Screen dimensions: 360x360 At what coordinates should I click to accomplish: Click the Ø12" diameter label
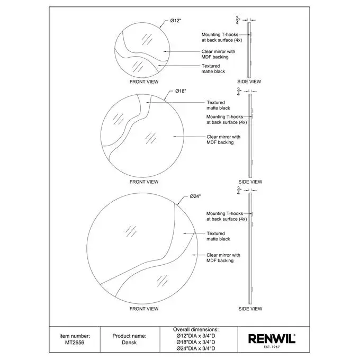tap(176, 21)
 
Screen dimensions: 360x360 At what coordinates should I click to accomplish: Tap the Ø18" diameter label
tap(181, 91)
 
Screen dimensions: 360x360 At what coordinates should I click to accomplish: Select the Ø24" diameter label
tap(195, 196)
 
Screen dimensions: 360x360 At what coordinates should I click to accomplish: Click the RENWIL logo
tap(272, 339)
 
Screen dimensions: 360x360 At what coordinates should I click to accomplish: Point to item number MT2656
tap(75, 343)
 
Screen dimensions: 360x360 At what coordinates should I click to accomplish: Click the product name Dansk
tap(129, 343)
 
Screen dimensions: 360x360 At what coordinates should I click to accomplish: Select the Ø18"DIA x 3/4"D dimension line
tap(196, 342)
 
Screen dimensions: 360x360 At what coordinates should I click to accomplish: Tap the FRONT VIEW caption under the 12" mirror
tap(144, 82)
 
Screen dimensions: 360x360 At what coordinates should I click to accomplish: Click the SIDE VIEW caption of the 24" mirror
tap(250, 309)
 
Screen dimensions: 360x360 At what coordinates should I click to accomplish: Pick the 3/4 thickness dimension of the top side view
tap(238, 20)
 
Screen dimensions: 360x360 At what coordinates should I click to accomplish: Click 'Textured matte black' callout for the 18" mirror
tap(218, 105)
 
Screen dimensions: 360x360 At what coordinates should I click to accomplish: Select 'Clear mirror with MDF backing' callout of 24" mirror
tap(223, 258)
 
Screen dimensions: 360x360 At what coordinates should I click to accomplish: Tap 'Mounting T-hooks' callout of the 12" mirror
tap(221, 37)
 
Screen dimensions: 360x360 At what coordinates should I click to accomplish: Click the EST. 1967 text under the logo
tap(272, 347)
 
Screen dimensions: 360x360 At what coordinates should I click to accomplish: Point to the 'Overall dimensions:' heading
tap(196, 329)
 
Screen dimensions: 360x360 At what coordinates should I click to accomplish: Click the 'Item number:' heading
tap(75, 336)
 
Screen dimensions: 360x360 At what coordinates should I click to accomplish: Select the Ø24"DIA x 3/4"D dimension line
tap(196, 348)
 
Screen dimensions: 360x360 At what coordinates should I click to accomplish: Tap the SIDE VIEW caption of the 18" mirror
tap(250, 182)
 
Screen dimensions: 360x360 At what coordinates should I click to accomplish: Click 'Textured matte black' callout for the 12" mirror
tap(213, 69)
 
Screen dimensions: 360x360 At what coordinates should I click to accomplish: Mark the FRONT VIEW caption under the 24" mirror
tap(144, 309)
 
